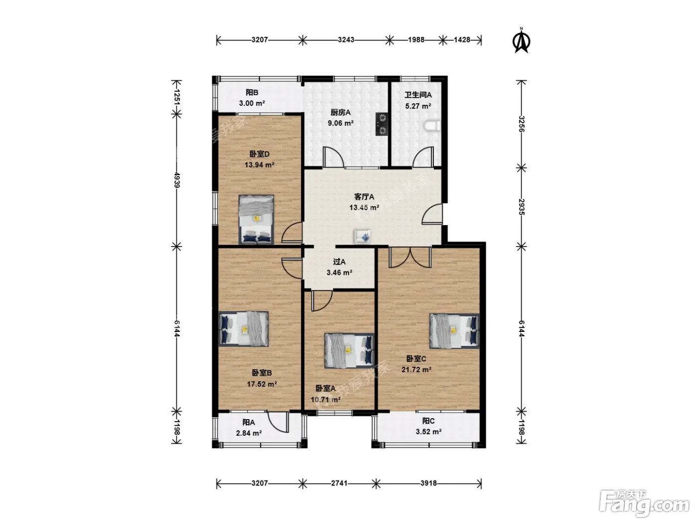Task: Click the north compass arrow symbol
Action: [x=521, y=41]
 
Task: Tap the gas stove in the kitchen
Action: [x=381, y=124]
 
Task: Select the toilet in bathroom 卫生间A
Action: [x=433, y=126]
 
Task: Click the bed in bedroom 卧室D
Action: [x=256, y=219]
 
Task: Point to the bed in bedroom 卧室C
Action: [x=454, y=331]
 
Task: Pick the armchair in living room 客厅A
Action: [x=362, y=237]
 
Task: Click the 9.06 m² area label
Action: [x=341, y=123]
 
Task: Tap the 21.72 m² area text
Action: [x=416, y=369]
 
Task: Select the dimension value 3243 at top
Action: [x=346, y=40]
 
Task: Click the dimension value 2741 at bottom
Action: [x=339, y=483]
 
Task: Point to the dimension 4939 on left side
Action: [x=177, y=180]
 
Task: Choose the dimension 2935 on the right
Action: [x=521, y=207]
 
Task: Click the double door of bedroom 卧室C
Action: [x=410, y=257]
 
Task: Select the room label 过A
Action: [x=339, y=262]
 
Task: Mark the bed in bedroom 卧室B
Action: [x=244, y=329]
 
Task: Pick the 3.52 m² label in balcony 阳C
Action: [x=428, y=431]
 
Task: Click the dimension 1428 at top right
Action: [x=462, y=40]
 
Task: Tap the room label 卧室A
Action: [x=325, y=388]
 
